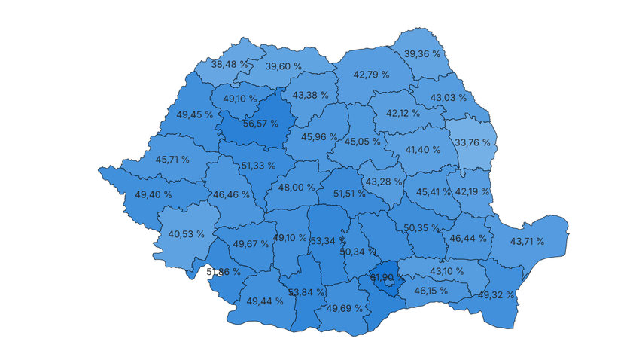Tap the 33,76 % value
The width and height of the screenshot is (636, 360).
pos(472,142)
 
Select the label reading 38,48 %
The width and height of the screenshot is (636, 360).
pos(230,65)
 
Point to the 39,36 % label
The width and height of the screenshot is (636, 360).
pos(422,54)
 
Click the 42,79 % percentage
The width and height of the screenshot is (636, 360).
pos(371,75)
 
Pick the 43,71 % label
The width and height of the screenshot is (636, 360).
pos(529,241)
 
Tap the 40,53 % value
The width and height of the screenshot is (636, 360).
pos(186,234)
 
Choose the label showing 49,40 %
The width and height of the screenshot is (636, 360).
pos(154,194)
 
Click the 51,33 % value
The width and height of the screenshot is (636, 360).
pos(258,166)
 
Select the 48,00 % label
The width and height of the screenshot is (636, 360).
pos(297,188)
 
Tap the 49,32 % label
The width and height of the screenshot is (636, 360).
pos(497,294)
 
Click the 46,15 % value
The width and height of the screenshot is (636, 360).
pos(429,290)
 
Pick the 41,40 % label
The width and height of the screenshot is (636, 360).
pos(422,150)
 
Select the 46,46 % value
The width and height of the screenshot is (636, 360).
pos(231,194)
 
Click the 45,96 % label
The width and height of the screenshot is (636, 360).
pos(319,137)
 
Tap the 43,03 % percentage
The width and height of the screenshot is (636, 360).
pos(449,98)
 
